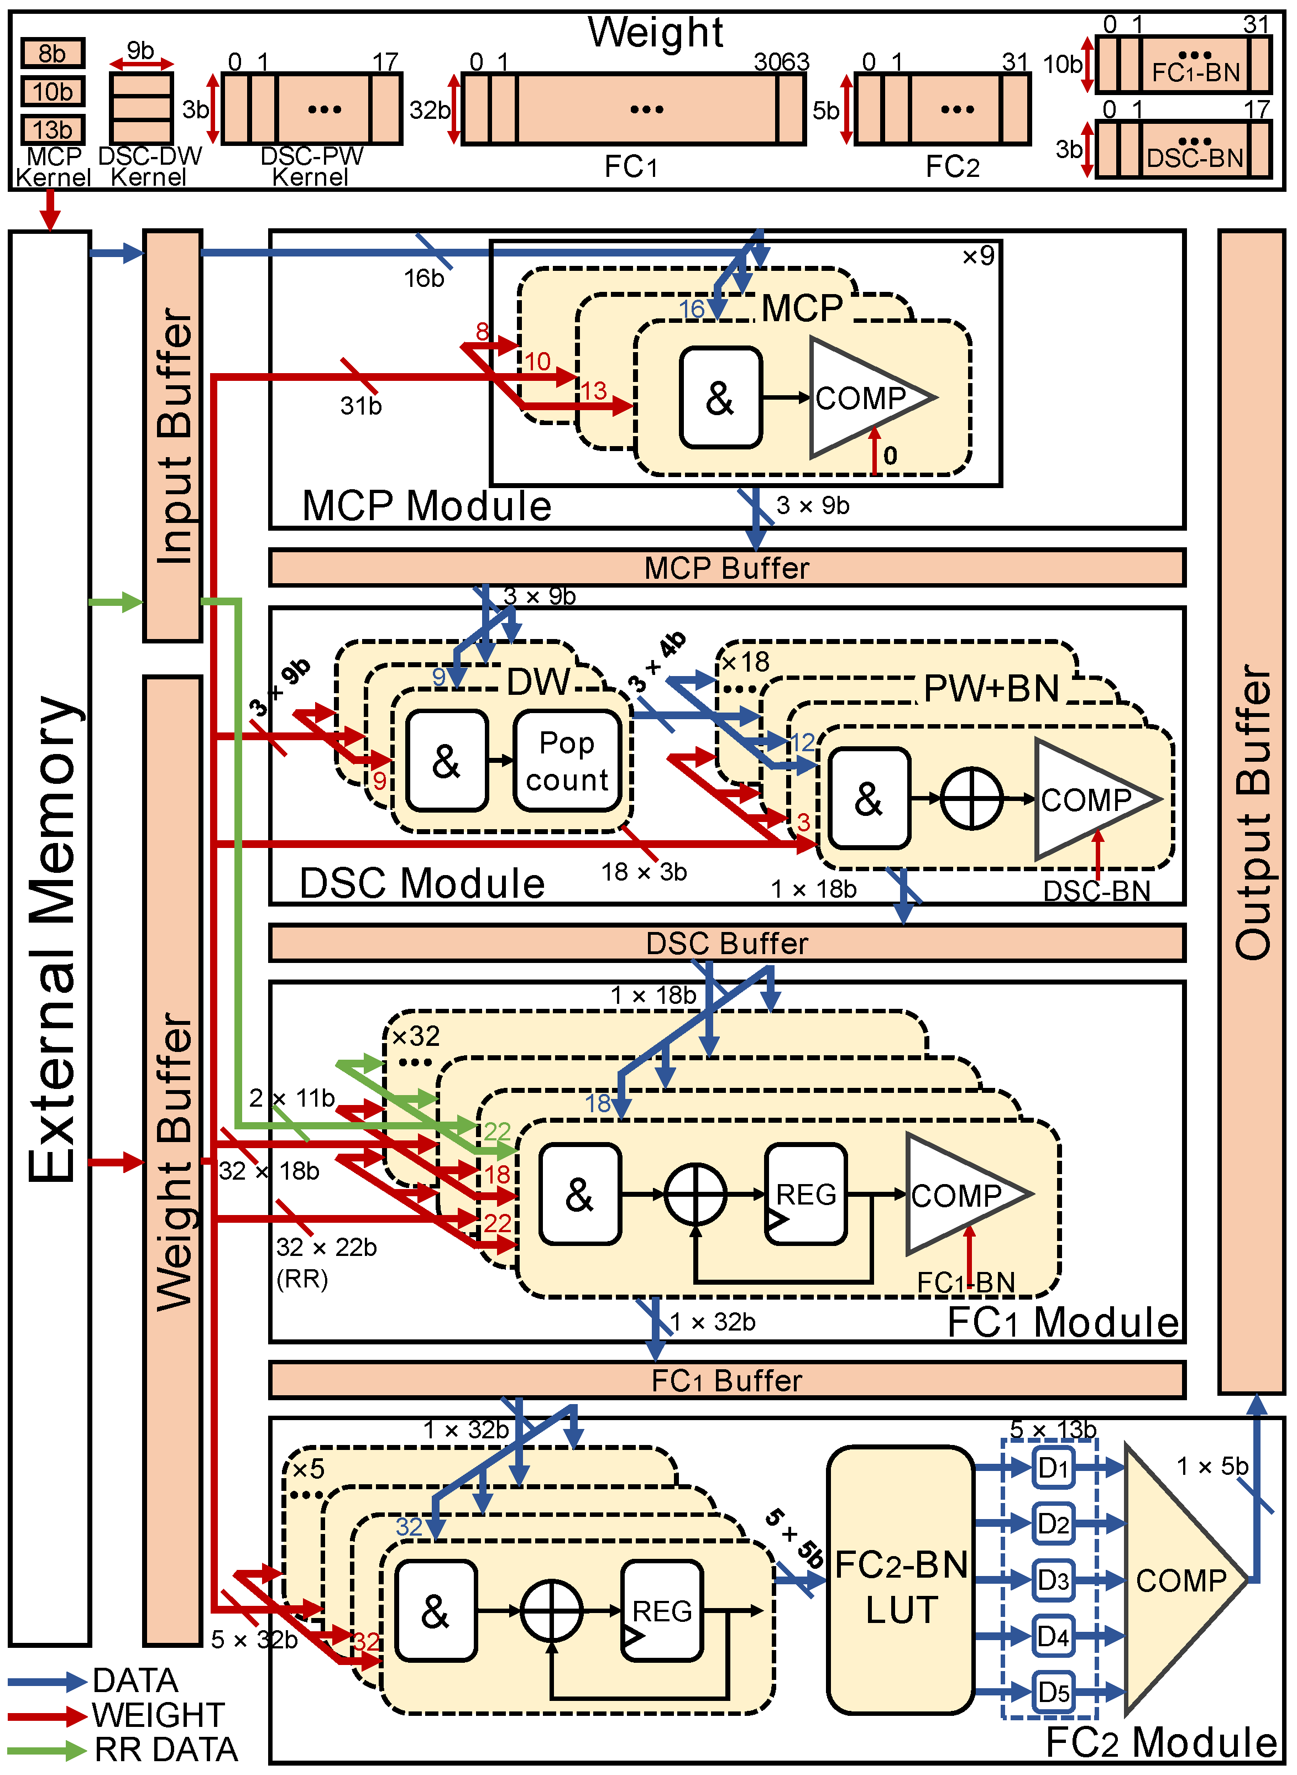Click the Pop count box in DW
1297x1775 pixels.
[x=567, y=761]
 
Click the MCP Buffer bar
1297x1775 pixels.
[x=726, y=568]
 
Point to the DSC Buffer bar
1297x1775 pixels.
[x=726, y=943]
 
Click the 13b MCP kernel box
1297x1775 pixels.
[x=53, y=129]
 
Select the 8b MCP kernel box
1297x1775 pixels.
[x=53, y=54]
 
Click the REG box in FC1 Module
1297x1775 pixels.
[x=806, y=1194]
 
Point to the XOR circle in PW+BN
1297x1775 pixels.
[x=971, y=798]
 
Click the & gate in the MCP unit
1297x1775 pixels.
[x=720, y=398]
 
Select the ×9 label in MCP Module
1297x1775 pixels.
[x=978, y=256]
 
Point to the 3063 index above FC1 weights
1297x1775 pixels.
[x=781, y=61]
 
